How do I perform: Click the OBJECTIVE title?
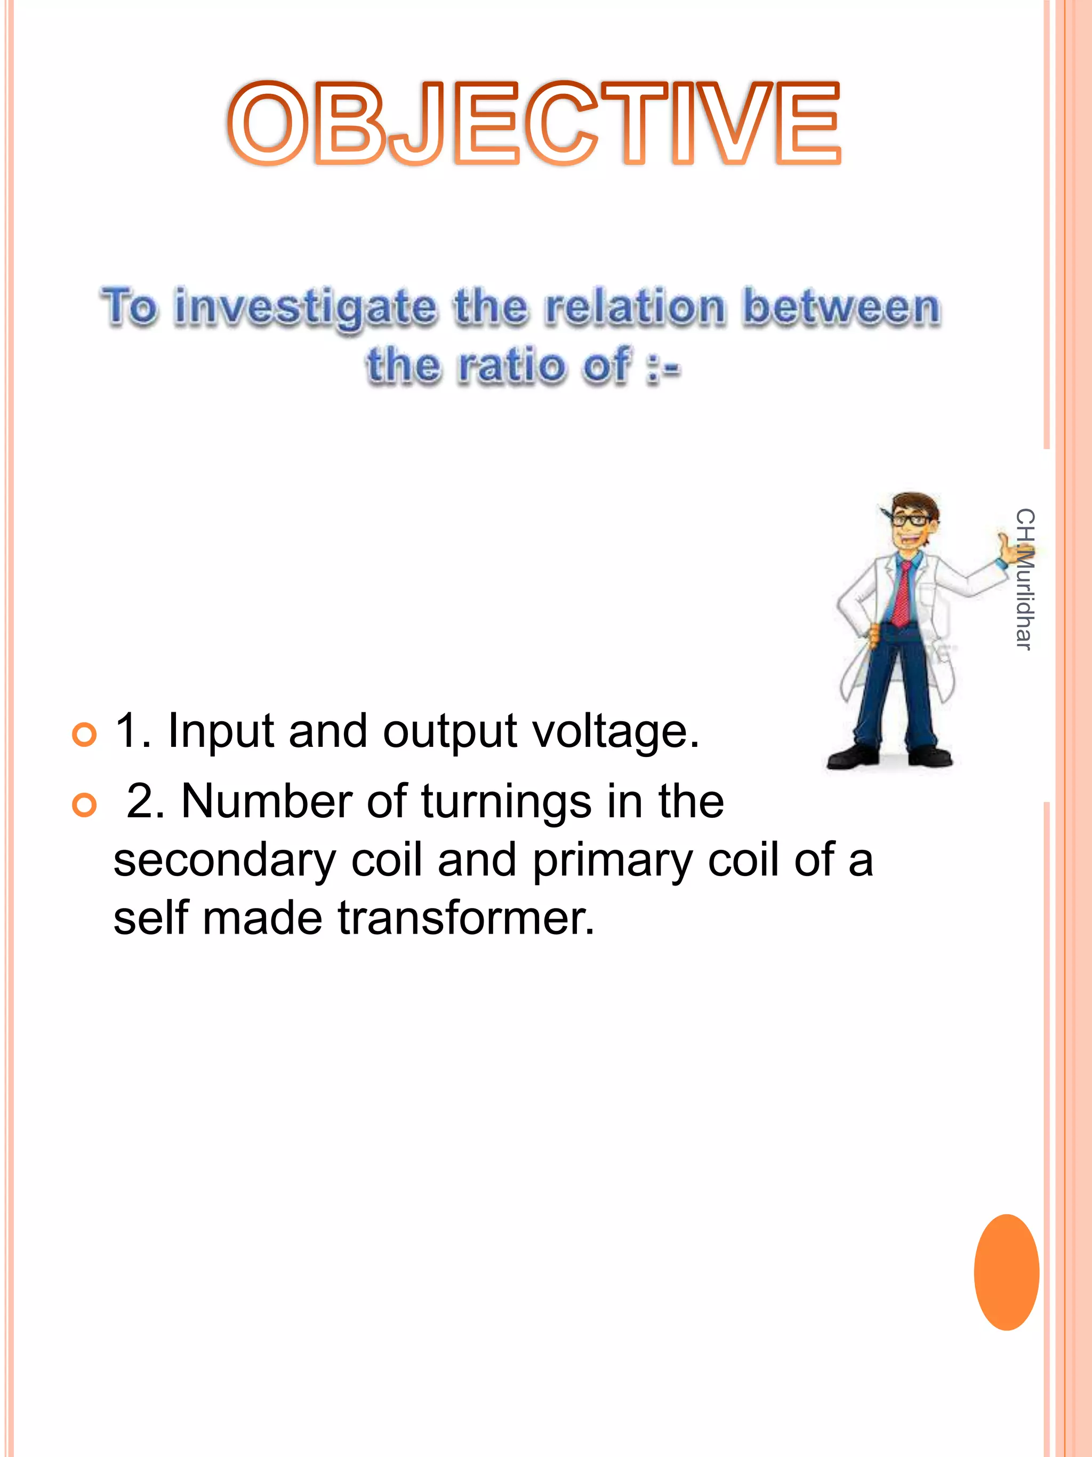tap(534, 124)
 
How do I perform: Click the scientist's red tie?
tap(904, 593)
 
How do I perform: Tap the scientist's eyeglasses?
tap(911, 520)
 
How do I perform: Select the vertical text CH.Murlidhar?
tap(1024, 579)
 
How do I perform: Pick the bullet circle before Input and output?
tap(84, 734)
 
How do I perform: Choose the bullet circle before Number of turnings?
tap(84, 804)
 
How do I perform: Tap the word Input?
tap(221, 732)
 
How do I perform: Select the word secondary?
tap(224, 861)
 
